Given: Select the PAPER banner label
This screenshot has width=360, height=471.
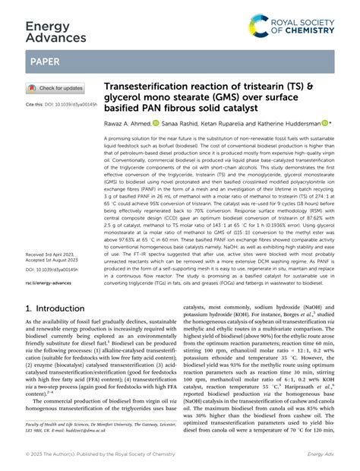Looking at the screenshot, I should click(46, 62).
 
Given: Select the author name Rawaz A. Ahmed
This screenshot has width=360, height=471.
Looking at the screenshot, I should click(127, 124).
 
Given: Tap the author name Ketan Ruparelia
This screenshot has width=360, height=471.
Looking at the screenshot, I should click(232, 124).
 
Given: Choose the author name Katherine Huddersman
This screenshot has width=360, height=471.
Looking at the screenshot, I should click(288, 124).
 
